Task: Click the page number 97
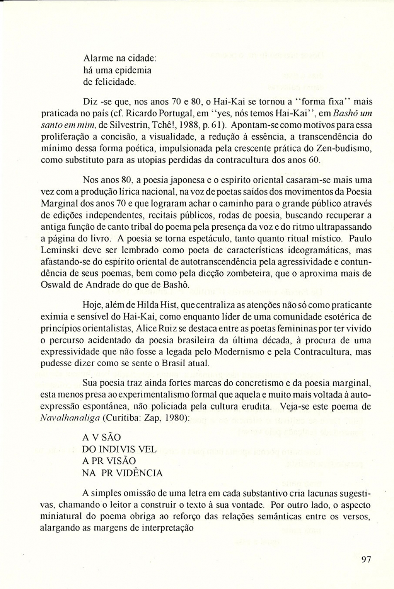tap(366, 560)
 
